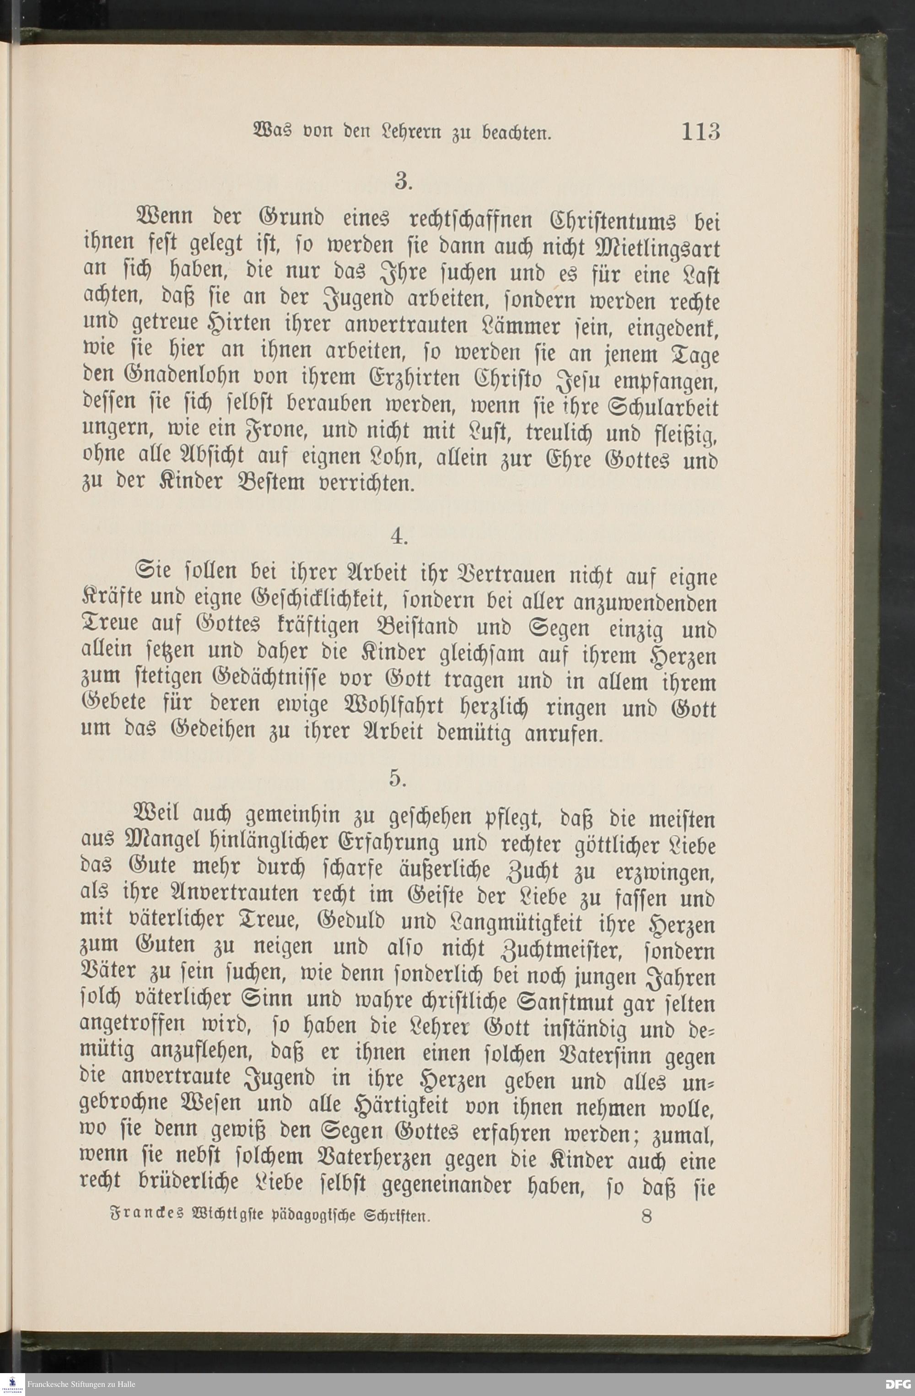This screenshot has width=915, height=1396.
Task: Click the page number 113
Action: coord(700,131)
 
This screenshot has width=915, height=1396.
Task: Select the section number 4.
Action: coord(400,537)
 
